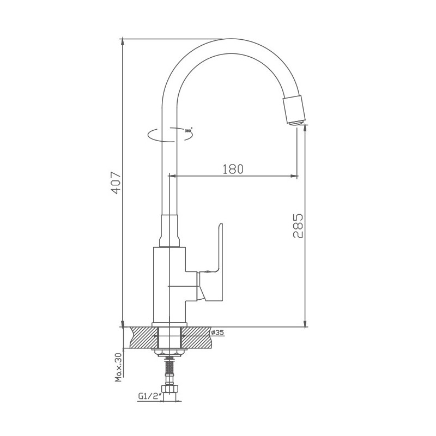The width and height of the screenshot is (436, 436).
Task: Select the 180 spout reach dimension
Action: point(232,169)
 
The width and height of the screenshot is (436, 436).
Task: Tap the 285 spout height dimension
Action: point(298,225)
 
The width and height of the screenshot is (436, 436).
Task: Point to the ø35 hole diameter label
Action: point(217,332)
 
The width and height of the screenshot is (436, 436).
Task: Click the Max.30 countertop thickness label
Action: point(118,367)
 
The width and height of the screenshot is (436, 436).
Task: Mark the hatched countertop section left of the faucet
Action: point(140,337)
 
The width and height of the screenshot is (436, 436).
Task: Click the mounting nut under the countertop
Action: point(169,353)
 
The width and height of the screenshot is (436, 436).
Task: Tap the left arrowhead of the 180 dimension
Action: point(174,176)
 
